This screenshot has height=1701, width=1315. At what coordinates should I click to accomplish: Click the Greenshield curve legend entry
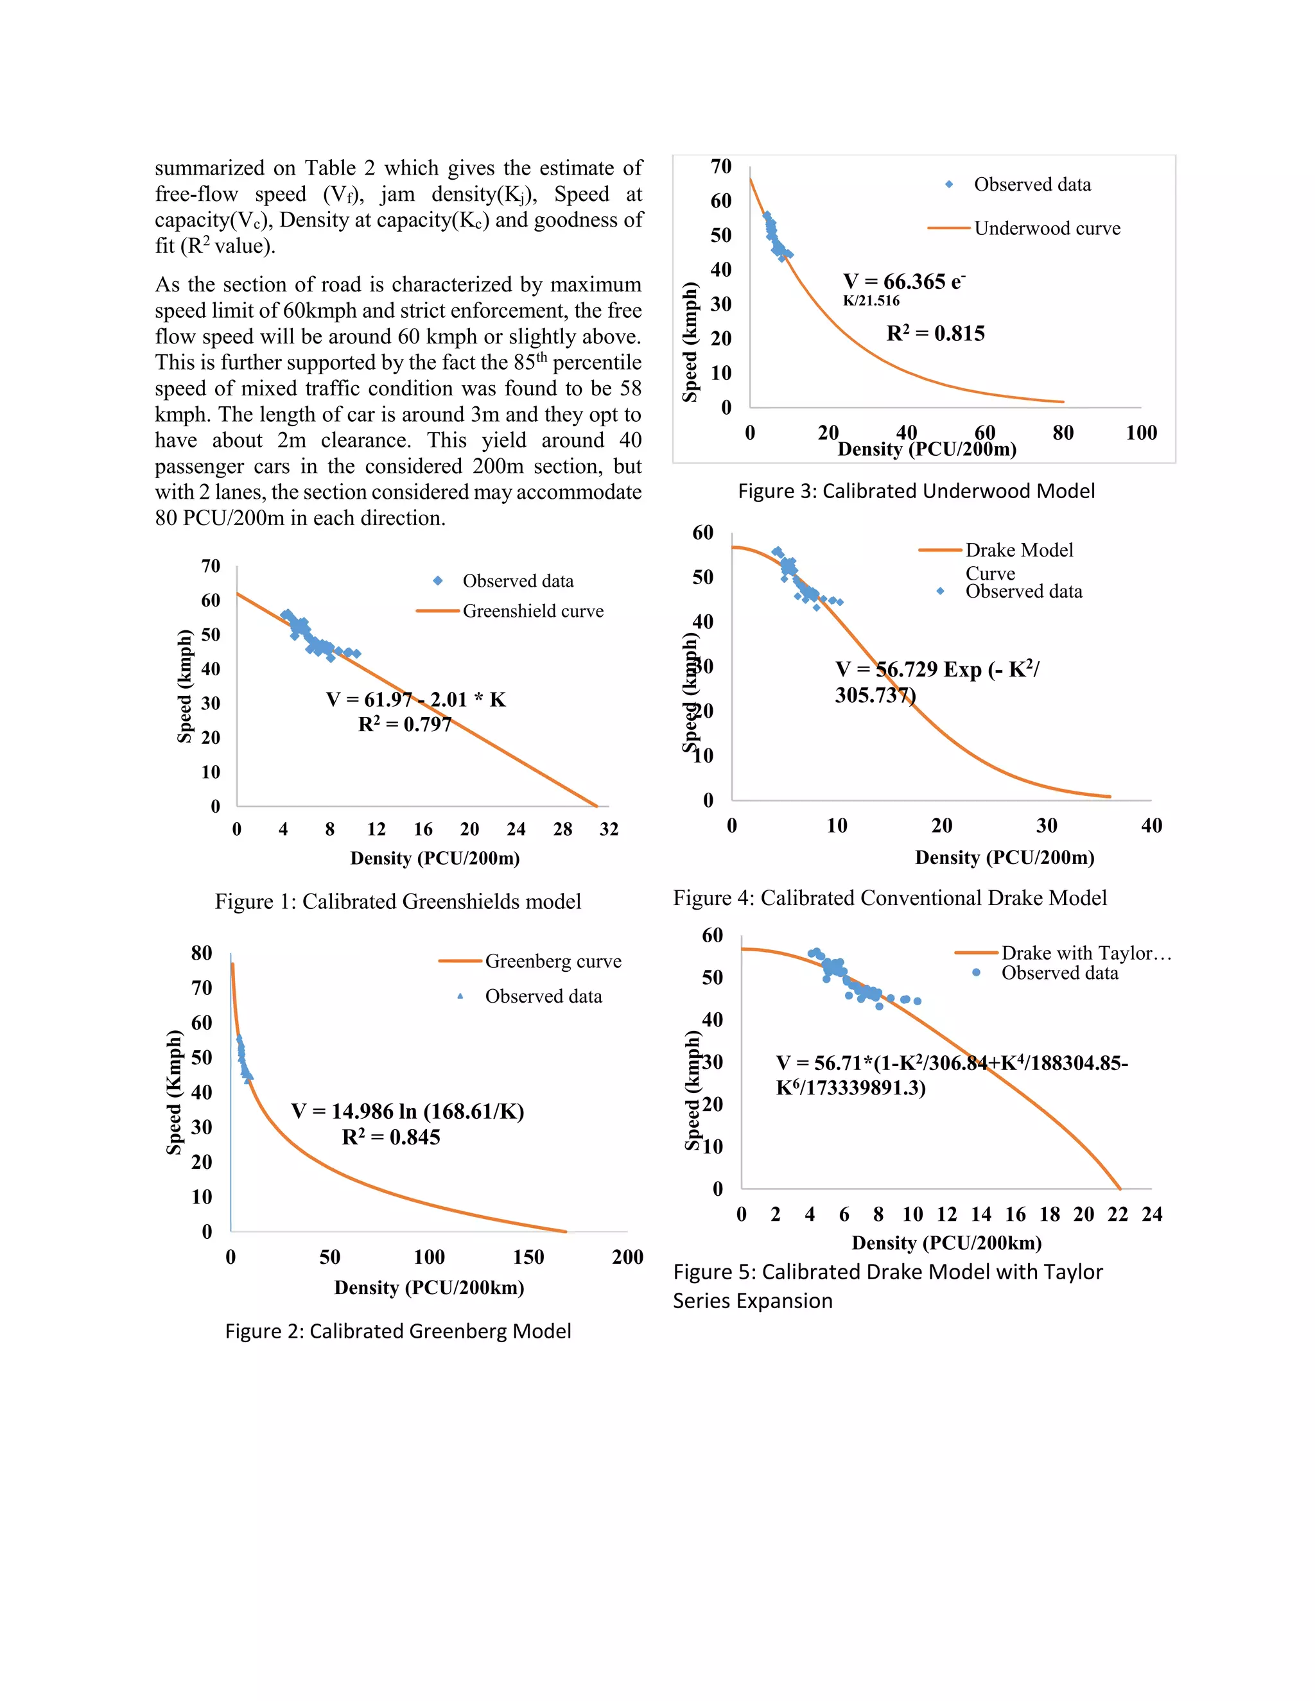pyautogui.click(x=533, y=611)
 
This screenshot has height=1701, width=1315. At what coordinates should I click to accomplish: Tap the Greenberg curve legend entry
pyautogui.click(x=552, y=961)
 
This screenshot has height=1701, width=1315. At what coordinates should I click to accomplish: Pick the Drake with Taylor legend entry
pyautogui.click(x=1085, y=953)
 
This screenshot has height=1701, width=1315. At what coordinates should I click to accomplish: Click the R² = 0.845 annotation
pyautogui.click(x=391, y=1137)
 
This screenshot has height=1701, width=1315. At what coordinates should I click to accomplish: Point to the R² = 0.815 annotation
pyautogui.click(x=935, y=333)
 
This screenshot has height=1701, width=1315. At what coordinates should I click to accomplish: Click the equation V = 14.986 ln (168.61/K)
pyautogui.click(x=408, y=1111)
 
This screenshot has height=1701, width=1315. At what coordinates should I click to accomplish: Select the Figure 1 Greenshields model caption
pyautogui.click(x=398, y=901)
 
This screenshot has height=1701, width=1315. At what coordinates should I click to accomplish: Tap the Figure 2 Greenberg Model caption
pyautogui.click(x=398, y=1331)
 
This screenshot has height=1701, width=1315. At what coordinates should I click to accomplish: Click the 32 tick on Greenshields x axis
pyautogui.click(x=609, y=829)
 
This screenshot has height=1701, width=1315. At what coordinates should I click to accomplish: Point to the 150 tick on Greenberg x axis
pyautogui.click(x=528, y=1257)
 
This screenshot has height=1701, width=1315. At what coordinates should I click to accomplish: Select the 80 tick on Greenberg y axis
pyautogui.click(x=202, y=953)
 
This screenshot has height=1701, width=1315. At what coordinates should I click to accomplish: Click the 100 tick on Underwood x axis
pyautogui.click(x=1140, y=433)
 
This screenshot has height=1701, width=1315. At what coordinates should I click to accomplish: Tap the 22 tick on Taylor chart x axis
pyautogui.click(x=1117, y=1214)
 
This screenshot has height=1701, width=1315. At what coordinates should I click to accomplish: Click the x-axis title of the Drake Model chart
pyautogui.click(x=1004, y=858)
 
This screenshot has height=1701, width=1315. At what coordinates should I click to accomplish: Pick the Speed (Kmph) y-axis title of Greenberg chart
pyautogui.click(x=174, y=1092)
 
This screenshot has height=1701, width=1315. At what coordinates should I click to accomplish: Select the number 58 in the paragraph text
pyautogui.click(x=631, y=388)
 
